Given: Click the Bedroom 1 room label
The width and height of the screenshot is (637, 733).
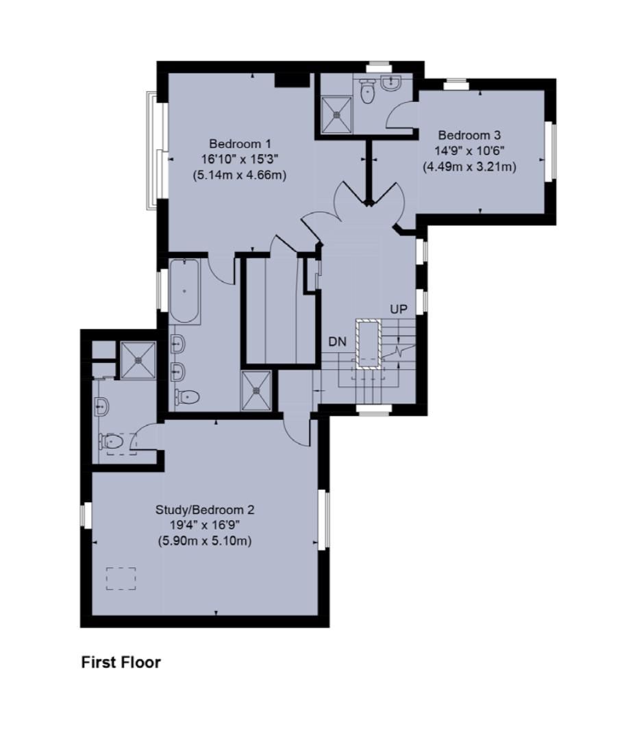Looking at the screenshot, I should pos(240,144).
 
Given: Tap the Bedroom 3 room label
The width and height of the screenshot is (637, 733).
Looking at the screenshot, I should pos(469,135).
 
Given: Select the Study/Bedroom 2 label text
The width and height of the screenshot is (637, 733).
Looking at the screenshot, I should pos(205,510).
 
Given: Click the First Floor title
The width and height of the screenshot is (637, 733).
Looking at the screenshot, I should pos(121,662).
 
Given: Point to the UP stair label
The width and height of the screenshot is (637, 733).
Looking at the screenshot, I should pos(399,310).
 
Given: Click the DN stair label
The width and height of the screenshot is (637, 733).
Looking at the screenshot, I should pos(338,341).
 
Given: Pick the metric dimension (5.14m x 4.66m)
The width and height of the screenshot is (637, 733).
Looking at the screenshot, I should pos(240,175).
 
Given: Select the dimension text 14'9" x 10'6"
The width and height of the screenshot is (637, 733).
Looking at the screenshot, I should pos(469,151).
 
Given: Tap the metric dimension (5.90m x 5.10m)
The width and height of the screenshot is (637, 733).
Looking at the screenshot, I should pos(205,541).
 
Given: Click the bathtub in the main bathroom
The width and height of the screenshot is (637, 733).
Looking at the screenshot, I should pos(184,292).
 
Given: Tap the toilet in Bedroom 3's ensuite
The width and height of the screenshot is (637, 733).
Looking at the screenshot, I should pos(368,92).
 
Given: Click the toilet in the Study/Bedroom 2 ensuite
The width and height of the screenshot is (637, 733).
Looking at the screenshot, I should pos(112,443).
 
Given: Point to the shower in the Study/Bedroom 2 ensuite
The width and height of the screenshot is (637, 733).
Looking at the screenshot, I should pos(140,359).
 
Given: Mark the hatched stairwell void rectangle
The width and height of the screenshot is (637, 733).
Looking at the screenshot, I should pos(369,344).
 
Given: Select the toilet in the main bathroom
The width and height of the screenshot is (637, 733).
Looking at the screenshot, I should pos(188,397).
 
